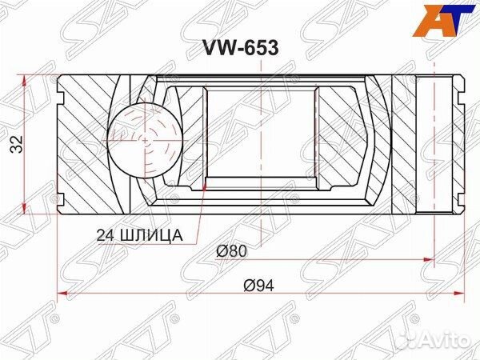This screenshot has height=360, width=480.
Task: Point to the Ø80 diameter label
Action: click(232, 251)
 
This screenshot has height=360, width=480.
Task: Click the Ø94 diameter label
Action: click(258, 286)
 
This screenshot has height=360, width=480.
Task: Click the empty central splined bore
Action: click(261, 133)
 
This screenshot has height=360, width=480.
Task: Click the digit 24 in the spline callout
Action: click(102, 234)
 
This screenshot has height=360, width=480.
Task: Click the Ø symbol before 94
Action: click(249, 286)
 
